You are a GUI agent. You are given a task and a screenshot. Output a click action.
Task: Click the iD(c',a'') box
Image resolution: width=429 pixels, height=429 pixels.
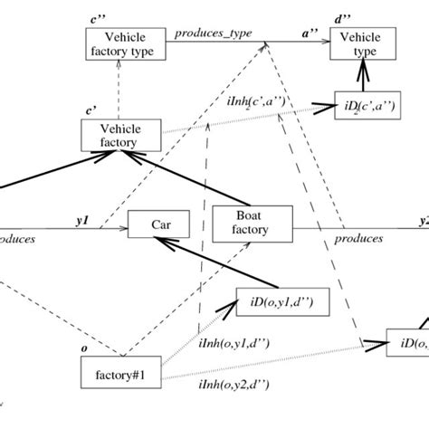tap(364, 105)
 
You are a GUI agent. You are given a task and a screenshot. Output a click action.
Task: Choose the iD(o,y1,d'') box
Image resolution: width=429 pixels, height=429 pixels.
tap(281, 301)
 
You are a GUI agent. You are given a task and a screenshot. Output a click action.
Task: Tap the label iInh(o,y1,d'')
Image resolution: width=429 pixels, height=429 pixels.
tap(233, 344)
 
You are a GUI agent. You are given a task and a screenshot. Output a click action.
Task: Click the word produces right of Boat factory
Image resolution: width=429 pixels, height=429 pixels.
tap(358, 239)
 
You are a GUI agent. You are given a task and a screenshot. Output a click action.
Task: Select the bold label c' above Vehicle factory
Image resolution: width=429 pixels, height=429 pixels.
tap(91, 110)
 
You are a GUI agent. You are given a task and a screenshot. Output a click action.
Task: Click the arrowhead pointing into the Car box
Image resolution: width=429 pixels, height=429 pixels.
tap(157, 241)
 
